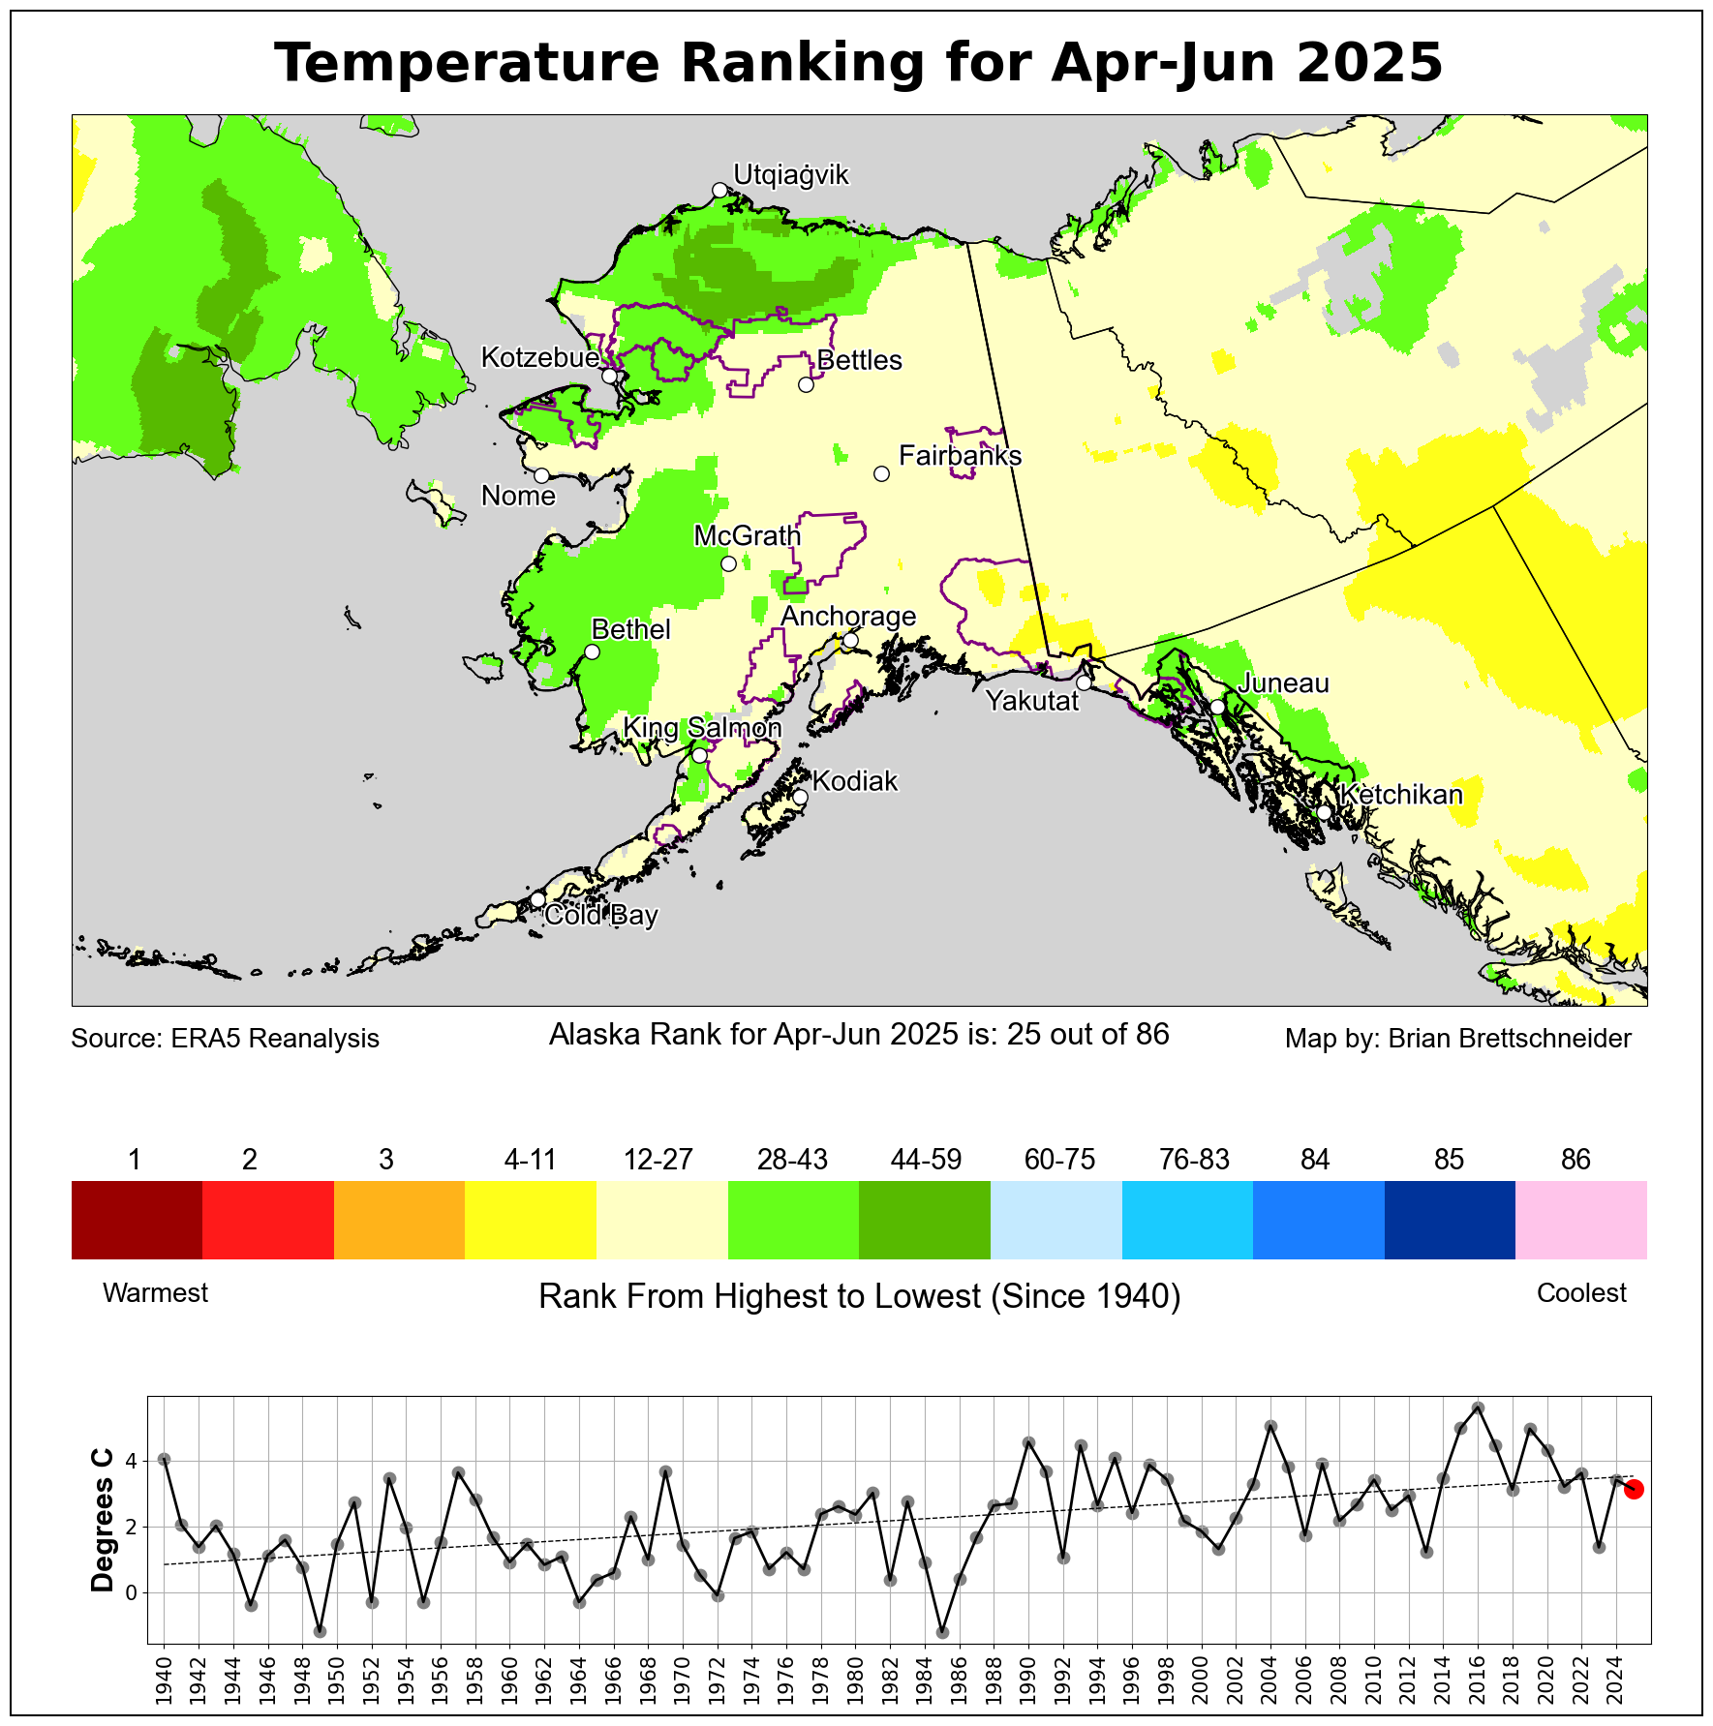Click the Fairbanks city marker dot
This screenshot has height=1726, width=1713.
[x=881, y=473]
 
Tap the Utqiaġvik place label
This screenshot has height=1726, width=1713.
[x=791, y=175]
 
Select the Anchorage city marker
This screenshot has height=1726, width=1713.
[x=850, y=640]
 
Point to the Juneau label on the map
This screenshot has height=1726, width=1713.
[x=1284, y=683]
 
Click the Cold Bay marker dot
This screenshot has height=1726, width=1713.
[x=537, y=899]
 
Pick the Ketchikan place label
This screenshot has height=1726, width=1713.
[x=1401, y=795]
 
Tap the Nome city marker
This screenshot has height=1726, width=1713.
[x=541, y=475]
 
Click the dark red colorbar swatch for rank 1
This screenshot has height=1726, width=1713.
[x=137, y=1220]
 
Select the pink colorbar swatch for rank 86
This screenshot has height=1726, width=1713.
[x=1581, y=1220]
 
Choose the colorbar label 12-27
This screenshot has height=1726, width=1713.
[x=658, y=1160]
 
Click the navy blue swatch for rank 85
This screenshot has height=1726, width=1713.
[x=1450, y=1220]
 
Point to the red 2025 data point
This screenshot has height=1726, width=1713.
[x=1634, y=1489]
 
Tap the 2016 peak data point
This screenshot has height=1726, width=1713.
[x=1478, y=1408]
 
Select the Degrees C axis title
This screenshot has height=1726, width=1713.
[x=102, y=1520]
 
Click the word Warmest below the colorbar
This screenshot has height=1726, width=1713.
[x=155, y=1293]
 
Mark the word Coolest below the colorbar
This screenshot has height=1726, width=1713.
[x=1581, y=1293]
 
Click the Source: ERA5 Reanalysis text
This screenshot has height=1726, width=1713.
[x=225, y=1039]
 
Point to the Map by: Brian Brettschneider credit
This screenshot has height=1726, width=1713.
[x=1457, y=1039]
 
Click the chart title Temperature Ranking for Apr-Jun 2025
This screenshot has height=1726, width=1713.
[x=858, y=64]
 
